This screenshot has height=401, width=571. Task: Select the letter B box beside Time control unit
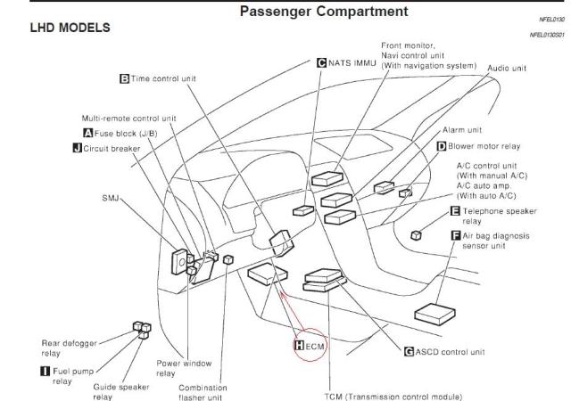(x=124, y=78)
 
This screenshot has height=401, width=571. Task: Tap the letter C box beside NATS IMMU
(x=321, y=62)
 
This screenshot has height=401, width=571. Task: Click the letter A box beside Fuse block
(x=88, y=133)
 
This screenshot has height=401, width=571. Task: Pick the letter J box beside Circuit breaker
(x=77, y=147)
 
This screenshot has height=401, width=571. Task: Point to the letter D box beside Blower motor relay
(x=441, y=145)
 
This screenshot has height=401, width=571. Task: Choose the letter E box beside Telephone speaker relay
(x=455, y=211)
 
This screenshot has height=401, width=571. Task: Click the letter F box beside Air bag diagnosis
(x=456, y=235)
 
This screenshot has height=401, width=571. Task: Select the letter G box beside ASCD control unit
(x=410, y=351)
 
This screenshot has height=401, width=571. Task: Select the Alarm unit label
(x=462, y=129)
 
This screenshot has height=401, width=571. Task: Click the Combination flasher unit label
(x=203, y=392)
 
